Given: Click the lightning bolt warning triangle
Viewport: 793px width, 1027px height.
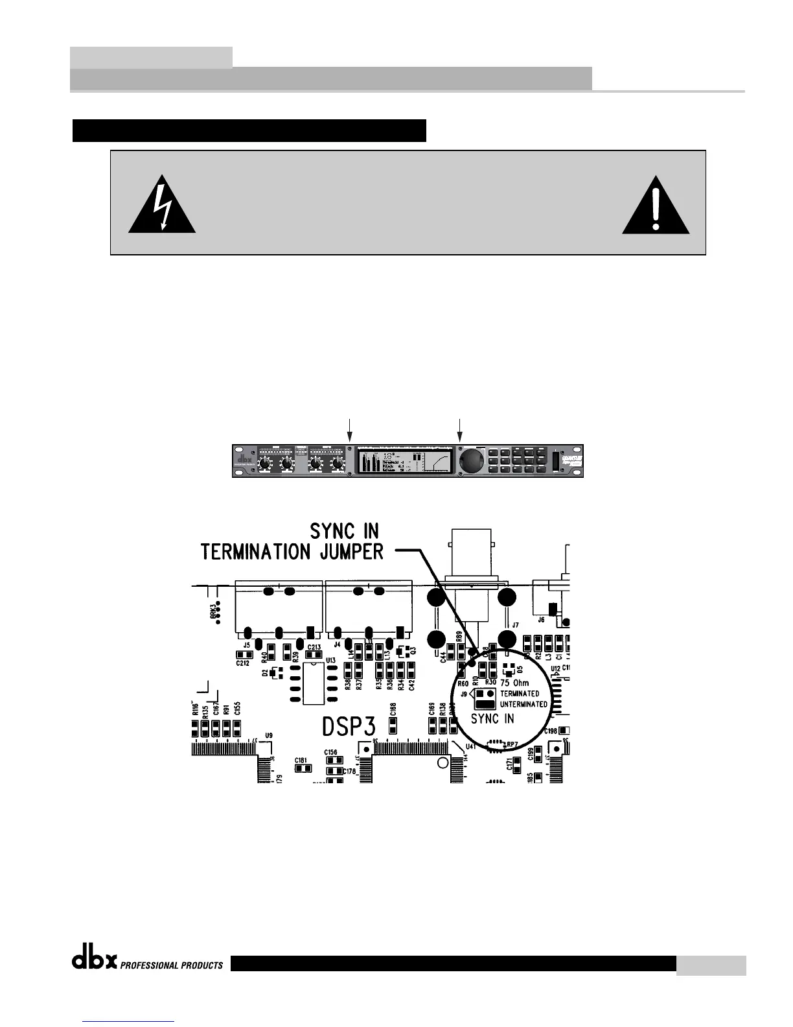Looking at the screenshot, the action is point(162,206).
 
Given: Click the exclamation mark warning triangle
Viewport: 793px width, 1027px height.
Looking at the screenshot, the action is point(656,206).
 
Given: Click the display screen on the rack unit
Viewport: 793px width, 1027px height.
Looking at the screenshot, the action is point(403,460).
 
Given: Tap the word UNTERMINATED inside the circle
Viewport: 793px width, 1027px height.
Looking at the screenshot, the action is point(524,704).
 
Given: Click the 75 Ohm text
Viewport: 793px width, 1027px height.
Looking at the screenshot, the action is point(515,683).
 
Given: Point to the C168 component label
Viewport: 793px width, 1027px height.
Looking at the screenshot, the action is point(393,710).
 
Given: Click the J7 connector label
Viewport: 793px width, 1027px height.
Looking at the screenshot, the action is point(515,625).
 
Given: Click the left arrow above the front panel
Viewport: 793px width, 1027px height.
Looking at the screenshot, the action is point(350,430).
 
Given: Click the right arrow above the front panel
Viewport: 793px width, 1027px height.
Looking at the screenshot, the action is point(460,430).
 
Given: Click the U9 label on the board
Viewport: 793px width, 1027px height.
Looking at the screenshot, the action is point(269,735).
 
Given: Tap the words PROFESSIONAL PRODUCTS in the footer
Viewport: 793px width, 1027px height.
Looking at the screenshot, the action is point(171,965).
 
